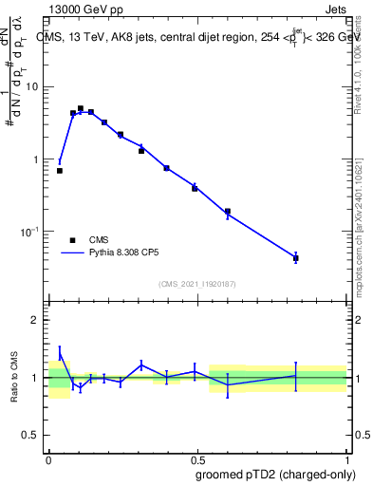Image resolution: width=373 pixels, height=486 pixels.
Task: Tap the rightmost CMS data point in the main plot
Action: [x=296, y=258]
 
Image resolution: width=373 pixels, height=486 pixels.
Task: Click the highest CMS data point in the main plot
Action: [x=81, y=109]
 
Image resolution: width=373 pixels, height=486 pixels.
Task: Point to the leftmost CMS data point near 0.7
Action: [x=60, y=171]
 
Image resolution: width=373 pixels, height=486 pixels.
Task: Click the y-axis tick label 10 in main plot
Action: [x=32, y=86]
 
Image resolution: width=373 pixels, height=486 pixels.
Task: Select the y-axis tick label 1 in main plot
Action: [x=36, y=159]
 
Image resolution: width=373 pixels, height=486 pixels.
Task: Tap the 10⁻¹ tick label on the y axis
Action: [x=30, y=233]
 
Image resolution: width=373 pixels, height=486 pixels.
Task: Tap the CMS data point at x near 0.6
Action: [x=228, y=212]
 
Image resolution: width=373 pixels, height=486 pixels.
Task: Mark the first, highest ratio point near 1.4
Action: [x=60, y=354]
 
